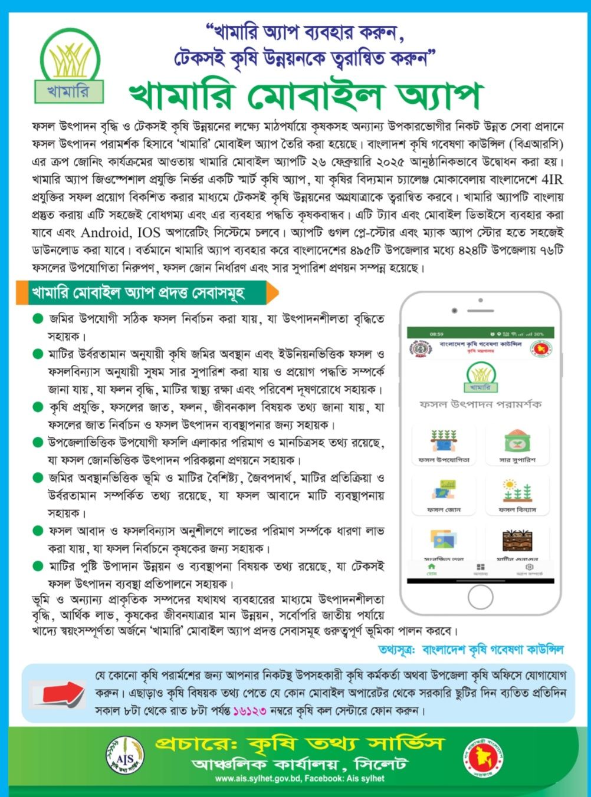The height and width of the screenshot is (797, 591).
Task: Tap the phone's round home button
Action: pyautogui.click(x=480, y=597)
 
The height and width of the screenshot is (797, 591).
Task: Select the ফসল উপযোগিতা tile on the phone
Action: pyautogui.click(x=444, y=444)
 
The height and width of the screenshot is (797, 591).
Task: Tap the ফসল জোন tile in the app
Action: pyautogui.click(x=444, y=494)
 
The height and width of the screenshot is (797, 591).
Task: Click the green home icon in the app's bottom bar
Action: pyautogui.click(x=432, y=568)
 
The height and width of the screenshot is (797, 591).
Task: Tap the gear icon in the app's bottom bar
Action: pyautogui.click(x=529, y=568)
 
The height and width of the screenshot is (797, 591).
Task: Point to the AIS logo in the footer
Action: pyautogui.click(x=125, y=756)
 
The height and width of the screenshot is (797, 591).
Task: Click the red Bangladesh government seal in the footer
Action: pyautogui.click(x=483, y=756)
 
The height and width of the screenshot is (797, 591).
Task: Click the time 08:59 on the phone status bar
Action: pyautogui.click(x=436, y=334)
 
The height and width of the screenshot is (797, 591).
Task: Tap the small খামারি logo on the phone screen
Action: pyautogui.click(x=481, y=378)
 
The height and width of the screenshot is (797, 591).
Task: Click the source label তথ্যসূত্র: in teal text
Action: pyautogui.click(x=396, y=650)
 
